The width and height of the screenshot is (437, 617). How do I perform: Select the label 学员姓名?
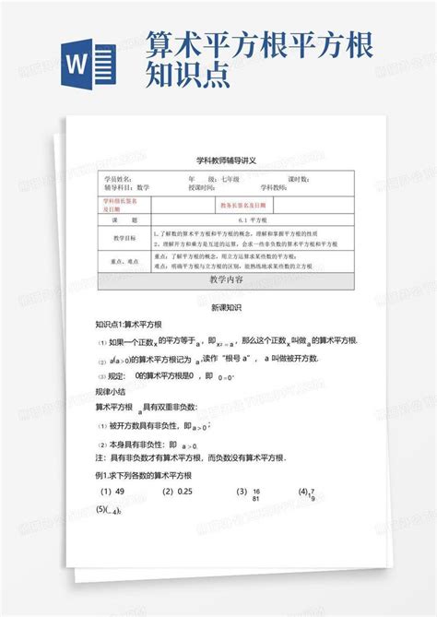pos(119,178)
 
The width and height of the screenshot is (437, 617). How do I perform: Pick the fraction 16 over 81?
pos(254,494)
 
